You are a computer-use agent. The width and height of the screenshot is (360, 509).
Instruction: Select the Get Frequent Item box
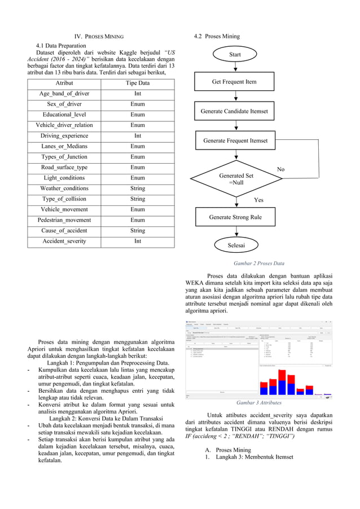coord(234,82)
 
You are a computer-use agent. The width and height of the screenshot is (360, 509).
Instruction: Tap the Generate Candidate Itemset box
coord(234,111)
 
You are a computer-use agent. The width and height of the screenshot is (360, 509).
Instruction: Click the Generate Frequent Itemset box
coord(235,141)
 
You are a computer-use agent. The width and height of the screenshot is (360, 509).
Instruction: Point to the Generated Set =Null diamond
coord(236,179)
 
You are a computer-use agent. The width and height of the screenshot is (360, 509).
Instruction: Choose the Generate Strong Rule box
coord(235,217)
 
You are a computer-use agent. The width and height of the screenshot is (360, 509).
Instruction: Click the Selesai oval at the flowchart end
coord(235,245)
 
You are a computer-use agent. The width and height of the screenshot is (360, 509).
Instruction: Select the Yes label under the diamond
coord(259,200)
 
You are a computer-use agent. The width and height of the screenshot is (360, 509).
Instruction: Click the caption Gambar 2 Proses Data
coord(259,264)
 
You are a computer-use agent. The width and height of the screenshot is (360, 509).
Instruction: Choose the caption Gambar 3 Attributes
coord(259,403)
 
